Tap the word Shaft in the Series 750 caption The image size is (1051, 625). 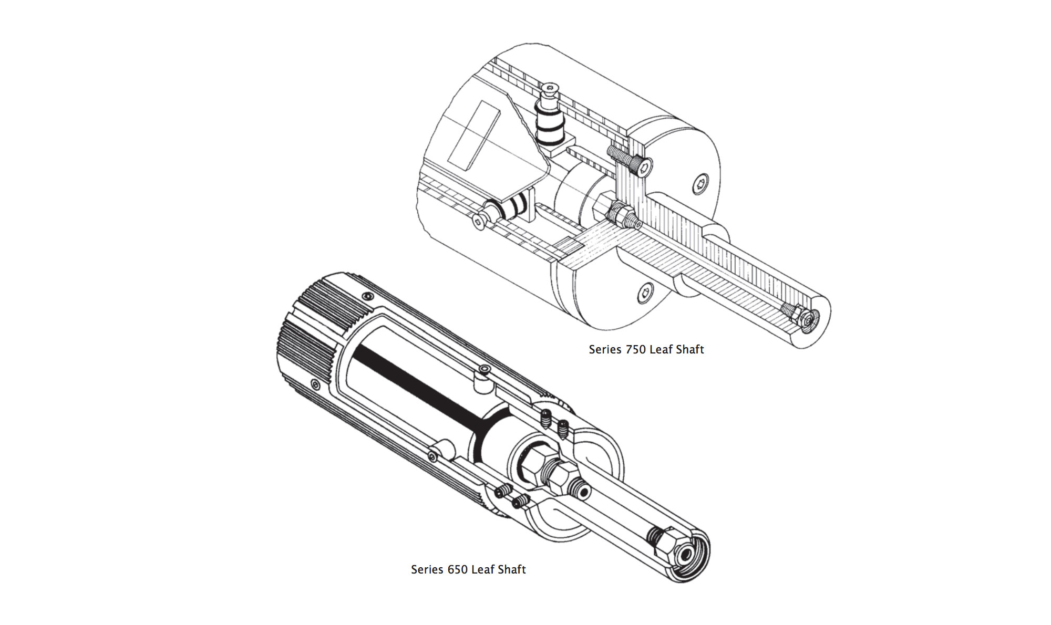(x=687, y=350)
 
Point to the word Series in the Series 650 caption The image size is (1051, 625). (x=427, y=570)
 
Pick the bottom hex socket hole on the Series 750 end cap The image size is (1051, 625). (x=646, y=293)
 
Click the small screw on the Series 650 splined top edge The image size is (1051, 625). (x=366, y=298)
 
